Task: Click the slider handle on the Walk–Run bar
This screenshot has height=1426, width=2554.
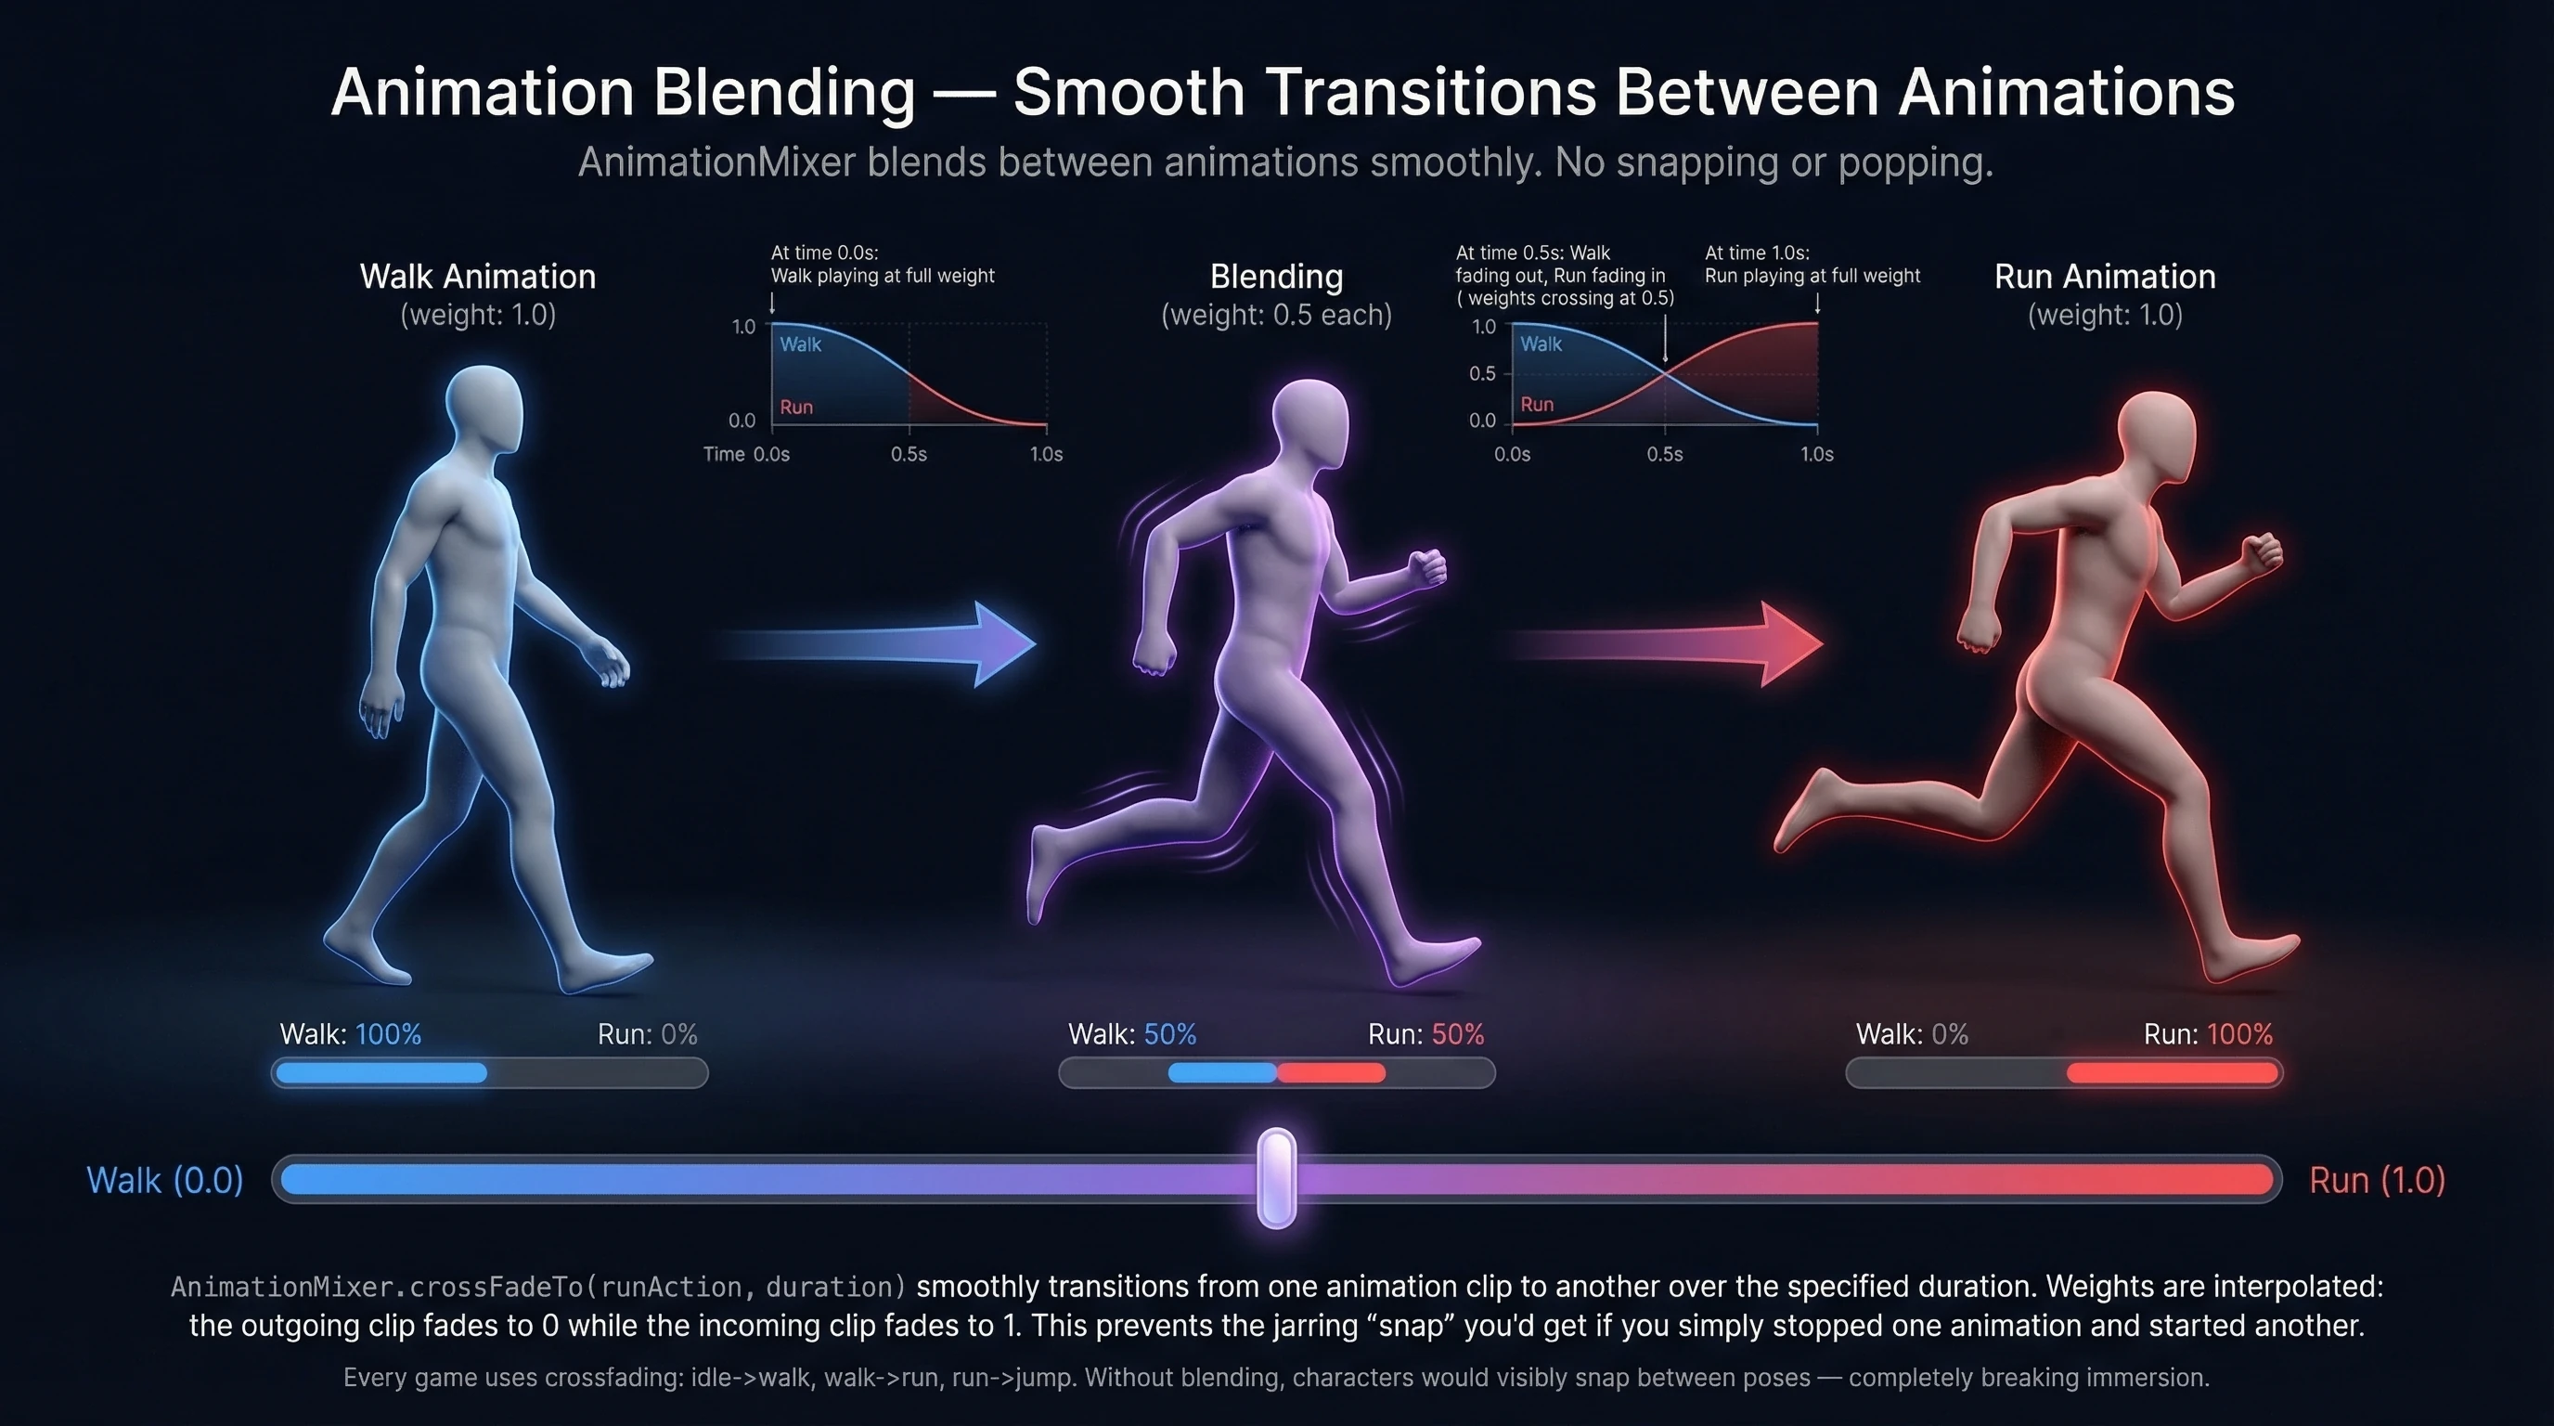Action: [x=1276, y=1178]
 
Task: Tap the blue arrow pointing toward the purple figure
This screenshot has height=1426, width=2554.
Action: [x=892, y=644]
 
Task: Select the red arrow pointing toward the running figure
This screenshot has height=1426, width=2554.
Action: [x=1685, y=644]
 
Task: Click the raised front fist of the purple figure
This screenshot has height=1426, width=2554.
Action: [x=1428, y=568]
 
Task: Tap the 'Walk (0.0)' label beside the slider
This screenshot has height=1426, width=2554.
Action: [x=164, y=1180]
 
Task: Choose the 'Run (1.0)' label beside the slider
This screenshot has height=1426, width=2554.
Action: [x=2377, y=1180]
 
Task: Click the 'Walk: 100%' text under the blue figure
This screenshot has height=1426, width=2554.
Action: [x=350, y=1034]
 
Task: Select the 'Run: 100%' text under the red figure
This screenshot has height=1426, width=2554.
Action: [x=2207, y=1034]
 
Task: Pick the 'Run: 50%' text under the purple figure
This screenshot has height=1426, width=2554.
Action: [x=1425, y=1034]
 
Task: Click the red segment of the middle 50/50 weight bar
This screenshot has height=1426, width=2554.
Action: [x=1331, y=1073]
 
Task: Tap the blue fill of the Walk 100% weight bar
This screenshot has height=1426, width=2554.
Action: [x=381, y=1073]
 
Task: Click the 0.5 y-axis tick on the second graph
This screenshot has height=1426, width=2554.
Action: [x=1482, y=374]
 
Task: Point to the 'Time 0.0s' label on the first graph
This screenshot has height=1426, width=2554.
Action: [x=745, y=454]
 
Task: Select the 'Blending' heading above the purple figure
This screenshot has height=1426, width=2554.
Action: [x=1276, y=277]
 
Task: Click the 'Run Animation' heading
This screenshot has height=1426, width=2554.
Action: [x=2104, y=277]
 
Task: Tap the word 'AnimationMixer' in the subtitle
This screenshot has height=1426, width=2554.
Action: [x=716, y=162]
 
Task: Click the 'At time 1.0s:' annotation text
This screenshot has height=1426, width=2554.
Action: [x=1757, y=253]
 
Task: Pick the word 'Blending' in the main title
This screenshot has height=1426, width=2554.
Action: [x=783, y=92]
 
